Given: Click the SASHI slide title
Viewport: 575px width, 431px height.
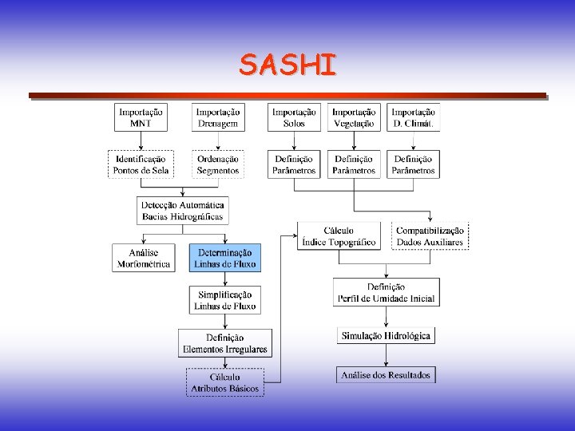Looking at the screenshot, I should tap(287, 65).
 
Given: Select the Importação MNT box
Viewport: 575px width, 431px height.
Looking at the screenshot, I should tap(141, 117).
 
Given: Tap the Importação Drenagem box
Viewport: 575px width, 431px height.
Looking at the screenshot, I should tap(218, 117).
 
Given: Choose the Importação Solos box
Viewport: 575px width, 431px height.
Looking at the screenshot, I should tap(294, 117).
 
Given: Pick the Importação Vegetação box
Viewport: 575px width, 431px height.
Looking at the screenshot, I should tap(354, 117).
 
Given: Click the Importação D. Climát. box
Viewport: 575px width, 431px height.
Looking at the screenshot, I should tap(413, 117).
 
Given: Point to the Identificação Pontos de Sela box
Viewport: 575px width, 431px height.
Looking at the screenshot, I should tap(141, 164).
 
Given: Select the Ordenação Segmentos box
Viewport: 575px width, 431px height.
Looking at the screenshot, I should tap(218, 164).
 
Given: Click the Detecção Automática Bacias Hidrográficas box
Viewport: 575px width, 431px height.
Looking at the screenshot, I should tap(183, 210).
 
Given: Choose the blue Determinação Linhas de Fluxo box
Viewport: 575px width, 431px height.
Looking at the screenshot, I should tap(224, 257).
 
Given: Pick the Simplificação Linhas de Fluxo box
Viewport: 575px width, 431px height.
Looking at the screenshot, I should tap(224, 300).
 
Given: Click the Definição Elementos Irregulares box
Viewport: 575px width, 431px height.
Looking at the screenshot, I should tap(224, 343).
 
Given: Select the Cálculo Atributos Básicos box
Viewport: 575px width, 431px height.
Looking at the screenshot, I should tap(224, 382).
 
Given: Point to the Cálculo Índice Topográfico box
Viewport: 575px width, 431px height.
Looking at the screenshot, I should tap(339, 236).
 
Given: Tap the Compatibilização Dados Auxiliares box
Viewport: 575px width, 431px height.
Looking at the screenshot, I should tap(430, 236).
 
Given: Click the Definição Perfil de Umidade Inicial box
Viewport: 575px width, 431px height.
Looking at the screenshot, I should tap(386, 292).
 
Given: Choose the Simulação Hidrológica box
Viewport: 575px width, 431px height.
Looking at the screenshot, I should tap(386, 336).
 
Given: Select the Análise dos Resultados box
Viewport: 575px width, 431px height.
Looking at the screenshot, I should tap(386, 374).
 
